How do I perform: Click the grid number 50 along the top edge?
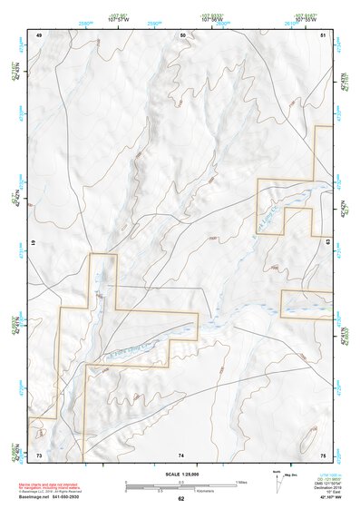pos(183,34)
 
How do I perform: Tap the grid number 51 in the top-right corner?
pos(324,34)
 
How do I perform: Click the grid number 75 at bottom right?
pos(324,454)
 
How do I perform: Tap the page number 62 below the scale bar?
pos(181,498)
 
